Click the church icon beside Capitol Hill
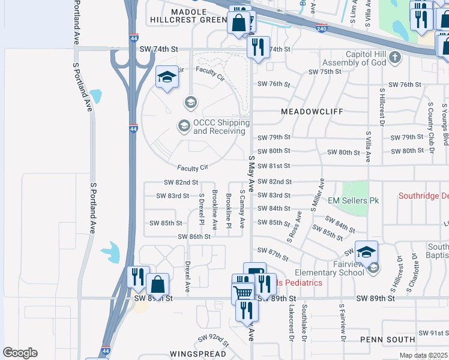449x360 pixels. [394, 58]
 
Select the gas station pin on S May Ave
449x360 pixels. [255, 272]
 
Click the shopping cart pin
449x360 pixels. [243, 293]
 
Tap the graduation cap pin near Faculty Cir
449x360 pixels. [167, 76]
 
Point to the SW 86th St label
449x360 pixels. [194, 236]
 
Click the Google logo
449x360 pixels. [20, 353]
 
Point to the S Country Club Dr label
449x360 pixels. [430, 123]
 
